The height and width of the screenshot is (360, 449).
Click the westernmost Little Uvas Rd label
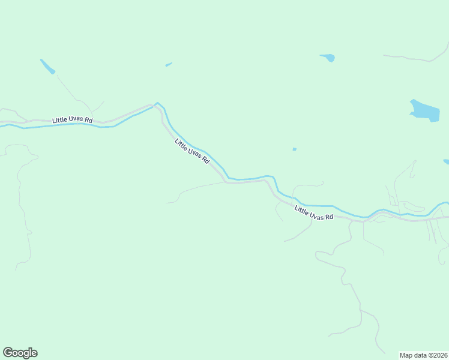tap(72, 120)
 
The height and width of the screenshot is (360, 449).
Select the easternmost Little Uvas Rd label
tap(313, 212)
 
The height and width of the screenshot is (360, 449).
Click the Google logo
tap(20, 353)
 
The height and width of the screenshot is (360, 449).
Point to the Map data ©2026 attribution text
tap(423, 355)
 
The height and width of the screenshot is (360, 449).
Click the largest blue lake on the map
tap(424, 110)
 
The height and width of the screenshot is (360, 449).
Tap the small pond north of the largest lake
tap(328, 58)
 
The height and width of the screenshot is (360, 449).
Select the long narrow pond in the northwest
tap(47, 67)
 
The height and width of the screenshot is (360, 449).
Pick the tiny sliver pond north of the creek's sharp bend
tap(169, 64)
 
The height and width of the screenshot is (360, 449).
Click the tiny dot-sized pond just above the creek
tap(294, 149)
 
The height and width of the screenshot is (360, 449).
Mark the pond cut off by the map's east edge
tap(446, 161)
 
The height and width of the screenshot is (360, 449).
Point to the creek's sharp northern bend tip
tap(157, 103)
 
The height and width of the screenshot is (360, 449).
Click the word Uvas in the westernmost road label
tap(76, 120)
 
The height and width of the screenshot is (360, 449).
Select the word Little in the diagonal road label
tap(181, 145)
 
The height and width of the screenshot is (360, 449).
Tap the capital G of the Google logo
tap(8, 352)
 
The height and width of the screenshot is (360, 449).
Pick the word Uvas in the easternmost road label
tap(316, 214)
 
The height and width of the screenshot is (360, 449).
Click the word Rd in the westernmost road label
tap(88, 120)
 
